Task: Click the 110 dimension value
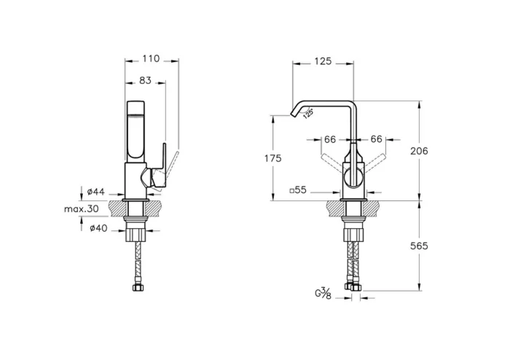coord(152,58)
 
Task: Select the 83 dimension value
coord(146,80)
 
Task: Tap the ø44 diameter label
coord(96,192)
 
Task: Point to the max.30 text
coord(82,208)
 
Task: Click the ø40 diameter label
coord(98,228)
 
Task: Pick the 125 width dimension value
coord(323,61)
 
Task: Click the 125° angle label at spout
coord(308,114)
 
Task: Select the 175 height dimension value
coord(272,158)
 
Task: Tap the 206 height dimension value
coord(419,151)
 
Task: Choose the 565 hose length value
coord(419,246)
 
